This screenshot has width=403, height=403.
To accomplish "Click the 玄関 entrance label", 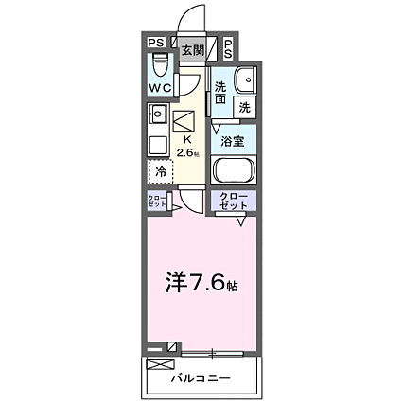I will click(192, 51).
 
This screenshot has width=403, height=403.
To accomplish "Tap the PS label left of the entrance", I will click(157, 43).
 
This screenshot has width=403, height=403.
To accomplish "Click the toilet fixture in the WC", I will click(161, 65).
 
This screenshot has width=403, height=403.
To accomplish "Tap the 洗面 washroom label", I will click(220, 91).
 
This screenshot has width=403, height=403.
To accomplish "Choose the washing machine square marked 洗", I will click(243, 107).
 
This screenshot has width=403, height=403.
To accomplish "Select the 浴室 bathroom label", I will click(233, 142).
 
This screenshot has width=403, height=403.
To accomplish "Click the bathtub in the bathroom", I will click(232, 171).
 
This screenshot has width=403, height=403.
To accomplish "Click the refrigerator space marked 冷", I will click(161, 173).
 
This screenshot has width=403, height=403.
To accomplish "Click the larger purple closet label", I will click(232, 201).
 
